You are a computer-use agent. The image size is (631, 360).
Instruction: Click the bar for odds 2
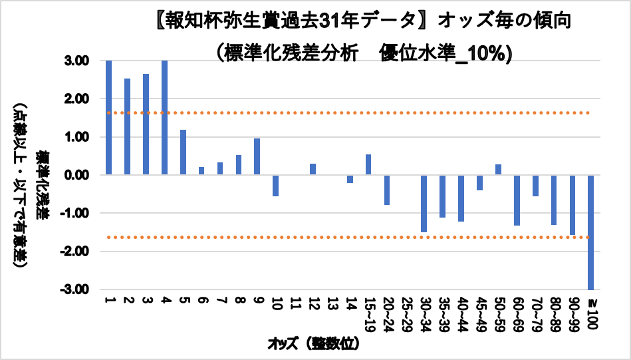click(127, 126)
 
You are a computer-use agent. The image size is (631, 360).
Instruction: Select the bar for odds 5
click(183, 152)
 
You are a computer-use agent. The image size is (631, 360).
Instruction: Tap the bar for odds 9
click(257, 157)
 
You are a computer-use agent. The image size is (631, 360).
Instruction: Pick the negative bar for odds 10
click(275, 186)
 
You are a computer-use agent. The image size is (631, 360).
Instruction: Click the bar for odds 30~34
click(424, 204)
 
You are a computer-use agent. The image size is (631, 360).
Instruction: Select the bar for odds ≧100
click(590, 232)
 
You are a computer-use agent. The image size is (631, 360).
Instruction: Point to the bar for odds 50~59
click(498, 170)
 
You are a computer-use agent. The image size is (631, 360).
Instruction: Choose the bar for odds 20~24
click(386, 190)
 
